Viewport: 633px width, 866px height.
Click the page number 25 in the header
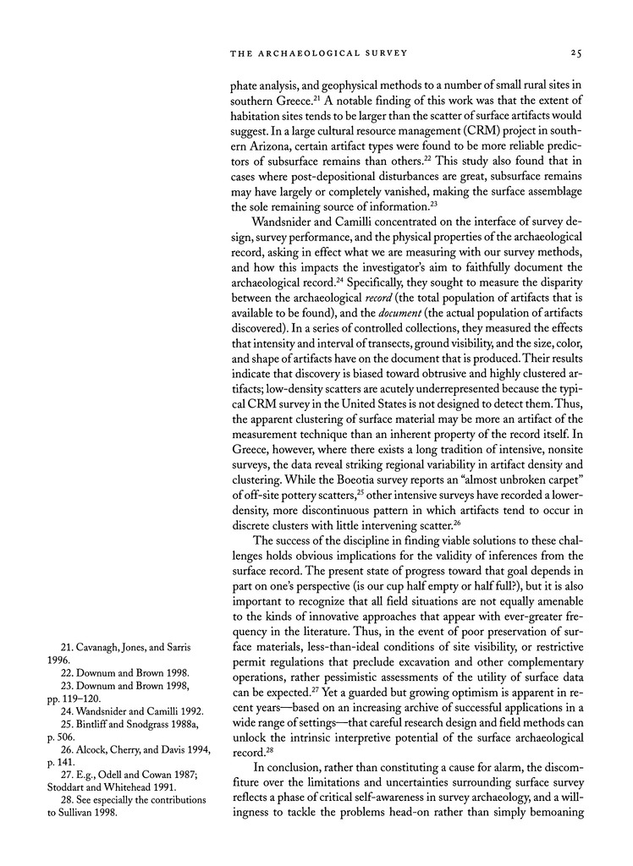point(575,52)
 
